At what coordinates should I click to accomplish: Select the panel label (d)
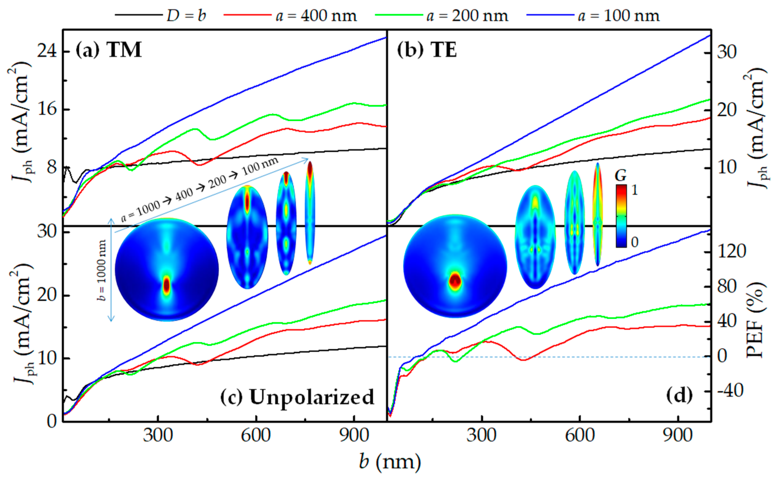point(679,395)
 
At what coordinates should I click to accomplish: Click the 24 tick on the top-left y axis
point(47,51)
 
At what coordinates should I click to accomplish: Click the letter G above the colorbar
point(621,176)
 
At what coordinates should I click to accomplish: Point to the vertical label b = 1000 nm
point(102,270)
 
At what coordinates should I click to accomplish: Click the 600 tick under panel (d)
point(580,435)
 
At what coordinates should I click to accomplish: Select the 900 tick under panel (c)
point(354,435)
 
